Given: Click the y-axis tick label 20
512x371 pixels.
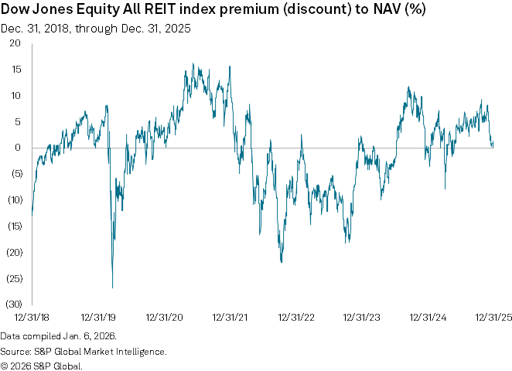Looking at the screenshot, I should pos(15,43).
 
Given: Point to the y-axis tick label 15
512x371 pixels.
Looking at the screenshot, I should pos(15,70).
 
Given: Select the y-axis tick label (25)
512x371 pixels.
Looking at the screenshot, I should pos(13,278).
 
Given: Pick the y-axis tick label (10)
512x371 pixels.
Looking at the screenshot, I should pos(13,200).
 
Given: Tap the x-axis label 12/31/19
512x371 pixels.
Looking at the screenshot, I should pos(97,318).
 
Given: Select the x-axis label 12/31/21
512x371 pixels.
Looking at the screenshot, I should pos(230,318).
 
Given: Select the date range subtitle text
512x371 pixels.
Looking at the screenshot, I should pos(96,29).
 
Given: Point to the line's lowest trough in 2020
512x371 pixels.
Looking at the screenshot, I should pos(112,288).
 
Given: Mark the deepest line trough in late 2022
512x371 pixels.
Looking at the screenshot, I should pos(282,261).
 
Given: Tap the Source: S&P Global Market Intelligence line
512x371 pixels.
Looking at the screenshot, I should pos(84,351).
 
